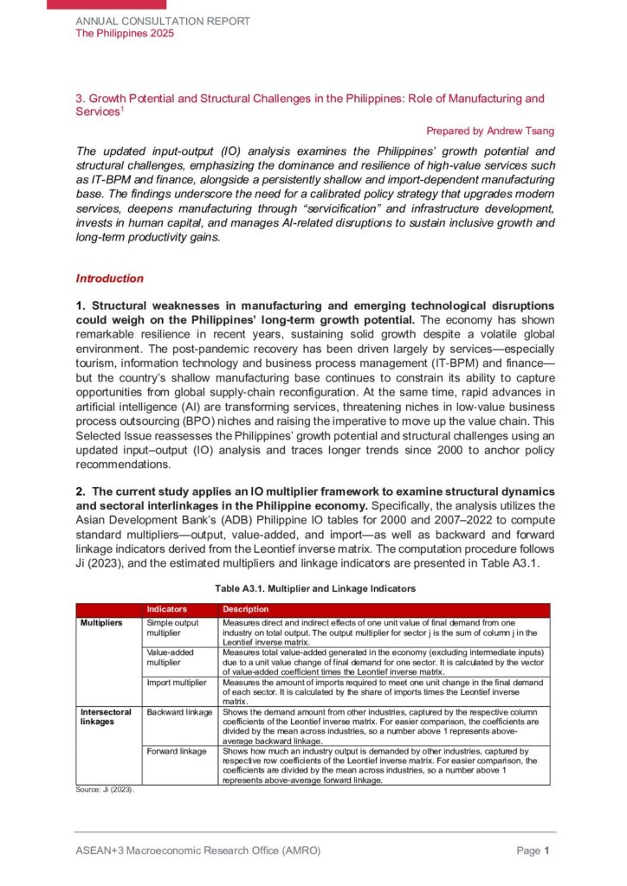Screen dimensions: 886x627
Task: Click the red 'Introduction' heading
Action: pos(110,279)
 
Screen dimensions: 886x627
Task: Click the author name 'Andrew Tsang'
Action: pos(523,131)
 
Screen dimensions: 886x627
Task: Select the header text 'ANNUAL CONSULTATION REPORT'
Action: pos(163,21)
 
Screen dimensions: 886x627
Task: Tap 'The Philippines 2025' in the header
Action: pos(125,33)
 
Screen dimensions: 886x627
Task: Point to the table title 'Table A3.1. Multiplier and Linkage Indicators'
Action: pos(315,588)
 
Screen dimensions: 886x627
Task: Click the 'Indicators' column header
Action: pos(166,610)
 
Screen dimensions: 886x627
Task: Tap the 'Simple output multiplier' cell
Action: pos(172,628)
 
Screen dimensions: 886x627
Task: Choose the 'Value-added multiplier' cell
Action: pos(170,655)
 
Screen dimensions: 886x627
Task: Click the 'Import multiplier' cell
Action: pos(177,682)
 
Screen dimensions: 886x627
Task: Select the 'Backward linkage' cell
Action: pos(179,712)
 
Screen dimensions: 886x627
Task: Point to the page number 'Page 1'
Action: pos(533,851)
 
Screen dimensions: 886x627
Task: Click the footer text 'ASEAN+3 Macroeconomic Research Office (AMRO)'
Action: pos(197,851)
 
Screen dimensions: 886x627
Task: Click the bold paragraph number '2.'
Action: pos(81,491)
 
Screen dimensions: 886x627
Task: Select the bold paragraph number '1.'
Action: pos(81,306)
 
